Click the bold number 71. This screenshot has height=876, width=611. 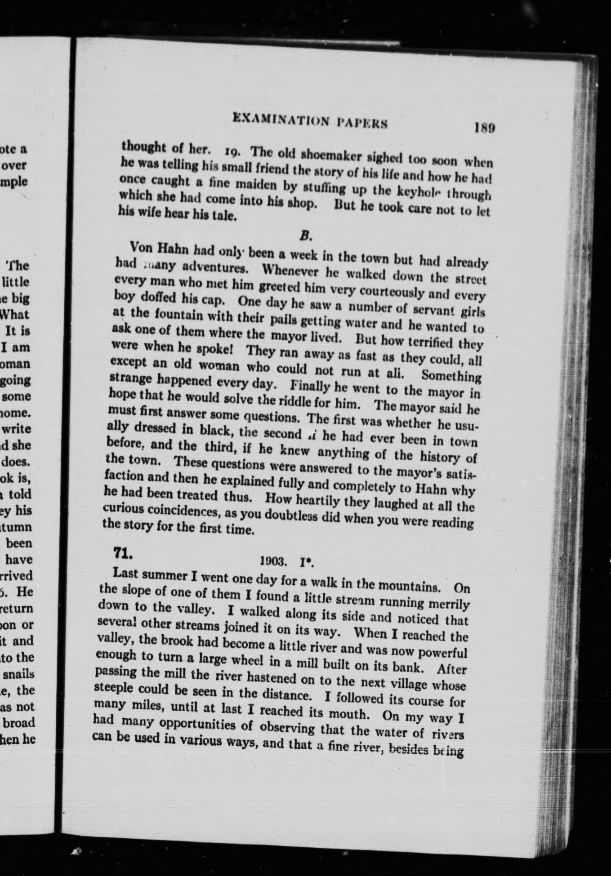(122, 553)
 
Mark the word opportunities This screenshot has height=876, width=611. (195, 725)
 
